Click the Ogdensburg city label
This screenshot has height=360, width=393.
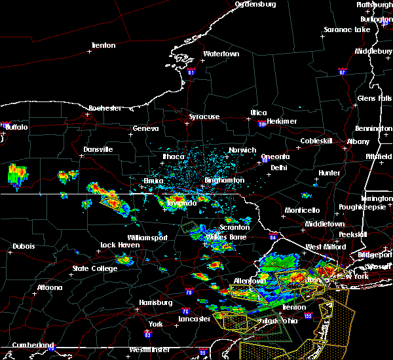click(255, 4)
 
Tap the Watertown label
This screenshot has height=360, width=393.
click(221, 54)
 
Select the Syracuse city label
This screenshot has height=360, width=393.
click(204, 117)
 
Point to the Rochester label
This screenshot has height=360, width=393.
click(105, 108)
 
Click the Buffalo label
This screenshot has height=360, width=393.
click(16, 127)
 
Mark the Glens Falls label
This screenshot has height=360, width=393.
click(375, 98)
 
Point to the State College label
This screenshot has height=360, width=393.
click(90, 268)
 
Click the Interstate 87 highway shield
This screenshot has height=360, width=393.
click(342, 70)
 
